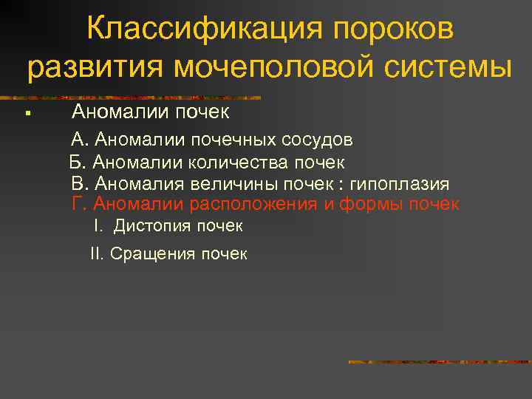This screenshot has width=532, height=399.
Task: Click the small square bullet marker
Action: (x=26, y=114)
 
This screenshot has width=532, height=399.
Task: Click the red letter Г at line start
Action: (x=77, y=204)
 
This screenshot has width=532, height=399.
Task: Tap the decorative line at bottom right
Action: (x=439, y=362)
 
